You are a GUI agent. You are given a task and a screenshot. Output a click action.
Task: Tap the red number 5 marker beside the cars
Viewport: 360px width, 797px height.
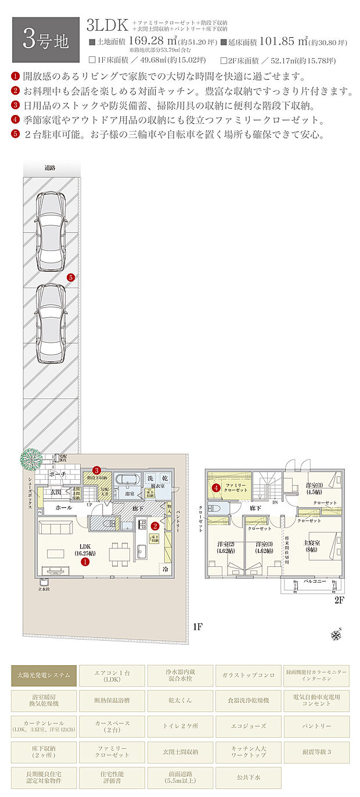coord(70,278)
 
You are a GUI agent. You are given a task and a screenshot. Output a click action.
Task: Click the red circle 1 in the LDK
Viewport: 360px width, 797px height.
coord(85,562)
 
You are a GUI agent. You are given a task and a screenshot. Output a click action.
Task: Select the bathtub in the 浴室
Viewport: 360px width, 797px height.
coord(125,481)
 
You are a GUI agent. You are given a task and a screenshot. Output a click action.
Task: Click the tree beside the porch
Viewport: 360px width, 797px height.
coord(30,459)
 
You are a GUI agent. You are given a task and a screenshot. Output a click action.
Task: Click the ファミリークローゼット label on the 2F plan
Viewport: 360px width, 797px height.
coord(236,487)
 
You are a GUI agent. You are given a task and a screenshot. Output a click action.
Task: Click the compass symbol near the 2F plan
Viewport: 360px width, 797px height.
coord(336,634)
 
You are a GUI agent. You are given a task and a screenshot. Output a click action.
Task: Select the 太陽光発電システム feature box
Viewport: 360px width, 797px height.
coord(45,675)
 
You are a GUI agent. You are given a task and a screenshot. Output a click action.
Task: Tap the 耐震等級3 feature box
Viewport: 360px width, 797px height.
coord(316,752)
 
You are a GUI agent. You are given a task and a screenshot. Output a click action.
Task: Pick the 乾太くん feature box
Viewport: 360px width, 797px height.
coord(180,701)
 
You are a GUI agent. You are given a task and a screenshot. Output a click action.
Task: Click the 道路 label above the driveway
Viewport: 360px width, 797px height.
coord(50,168)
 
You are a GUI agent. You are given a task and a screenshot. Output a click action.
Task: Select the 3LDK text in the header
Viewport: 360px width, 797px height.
coord(108,25)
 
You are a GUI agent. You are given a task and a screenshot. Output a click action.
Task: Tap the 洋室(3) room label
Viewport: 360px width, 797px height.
coord(265,547)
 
